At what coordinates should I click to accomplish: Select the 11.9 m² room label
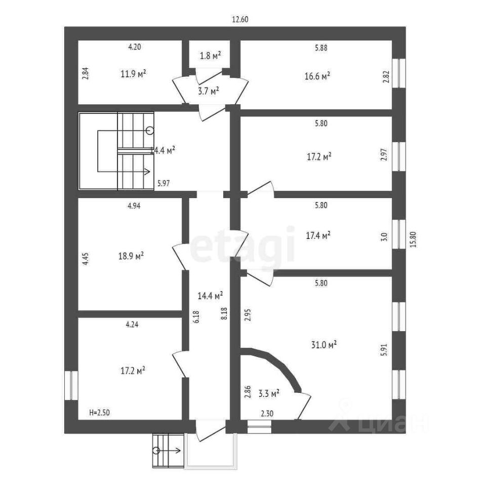pyautogui.click(x=133, y=74)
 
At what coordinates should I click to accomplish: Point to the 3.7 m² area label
pyautogui.click(x=208, y=91)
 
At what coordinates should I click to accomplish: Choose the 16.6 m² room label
pyautogui.click(x=318, y=76)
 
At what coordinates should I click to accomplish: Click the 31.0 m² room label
pyautogui.click(x=324, y=345)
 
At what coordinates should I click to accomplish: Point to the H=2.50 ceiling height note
pyautogui.click(x=99, y=413)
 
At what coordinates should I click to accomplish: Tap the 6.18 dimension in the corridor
pyautogui.click(x=196, y=317)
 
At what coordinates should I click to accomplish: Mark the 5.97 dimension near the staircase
pyautogui.click(x=163, y=184)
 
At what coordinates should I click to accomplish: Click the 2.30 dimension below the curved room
pyautogui.click(x=268, y=413)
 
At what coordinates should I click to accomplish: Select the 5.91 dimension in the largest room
pyautogui.click(x=383, y=349)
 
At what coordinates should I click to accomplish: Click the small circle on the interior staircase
pyautogui.click(x=149, y=131)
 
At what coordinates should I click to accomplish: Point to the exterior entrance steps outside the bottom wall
pyautogui.click(x=168, y=451)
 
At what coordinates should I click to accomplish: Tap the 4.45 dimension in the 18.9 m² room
pyautogui.click(x=86, y=259)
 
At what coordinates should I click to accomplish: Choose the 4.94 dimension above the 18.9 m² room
pyautogui.click(x=133, y=206)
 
